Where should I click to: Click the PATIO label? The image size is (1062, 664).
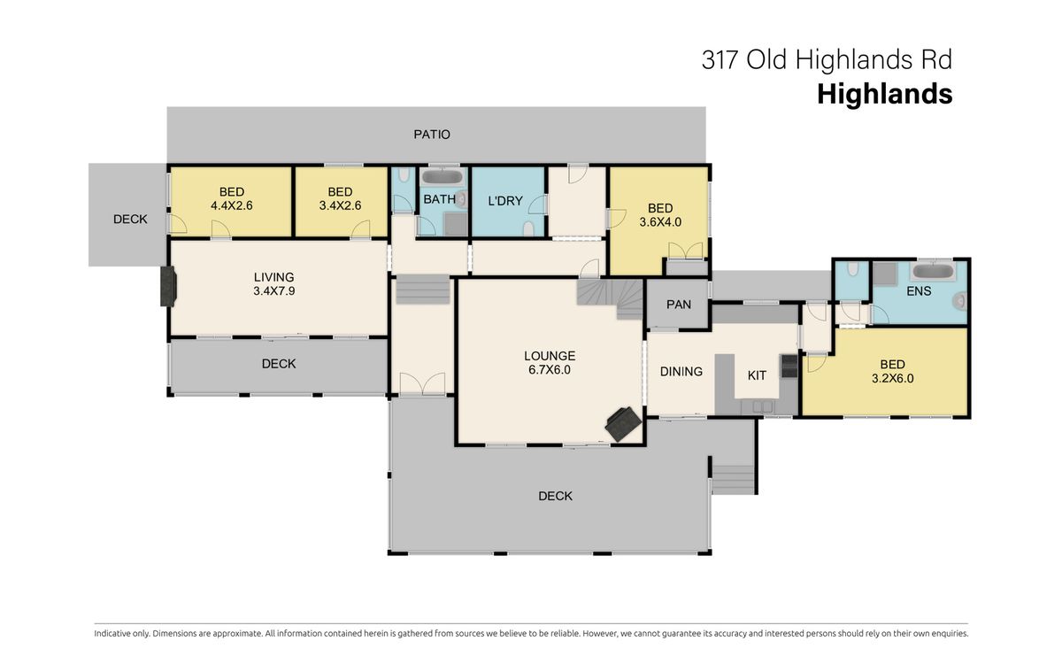point(432,135)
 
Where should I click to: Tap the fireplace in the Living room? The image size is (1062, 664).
point(168,286)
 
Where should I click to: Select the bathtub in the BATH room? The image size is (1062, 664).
point(442,177)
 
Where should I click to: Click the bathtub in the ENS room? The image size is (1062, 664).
point(933,271)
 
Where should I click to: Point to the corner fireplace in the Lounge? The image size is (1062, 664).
point(623,423)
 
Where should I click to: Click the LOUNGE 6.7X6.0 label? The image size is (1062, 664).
point(550,363)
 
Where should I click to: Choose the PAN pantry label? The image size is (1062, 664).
point(679,305)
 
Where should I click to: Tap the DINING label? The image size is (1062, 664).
point(681,371)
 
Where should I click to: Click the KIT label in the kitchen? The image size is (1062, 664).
point(757,375)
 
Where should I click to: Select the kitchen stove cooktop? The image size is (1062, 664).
point(789,367)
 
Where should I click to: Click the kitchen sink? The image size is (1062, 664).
point(758,407)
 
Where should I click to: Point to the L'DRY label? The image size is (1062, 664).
point(505,201)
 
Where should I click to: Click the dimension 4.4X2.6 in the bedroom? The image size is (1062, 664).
point(231,205)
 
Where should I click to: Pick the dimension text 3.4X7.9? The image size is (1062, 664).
point(274,290)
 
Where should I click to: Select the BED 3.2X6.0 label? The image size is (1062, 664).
point(893,371)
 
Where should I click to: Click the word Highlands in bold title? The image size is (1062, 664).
point(885,94)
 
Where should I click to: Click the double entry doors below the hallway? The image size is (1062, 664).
point(422,383)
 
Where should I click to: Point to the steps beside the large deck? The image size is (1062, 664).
point(733,479)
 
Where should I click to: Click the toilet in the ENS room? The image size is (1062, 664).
point(960,301)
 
